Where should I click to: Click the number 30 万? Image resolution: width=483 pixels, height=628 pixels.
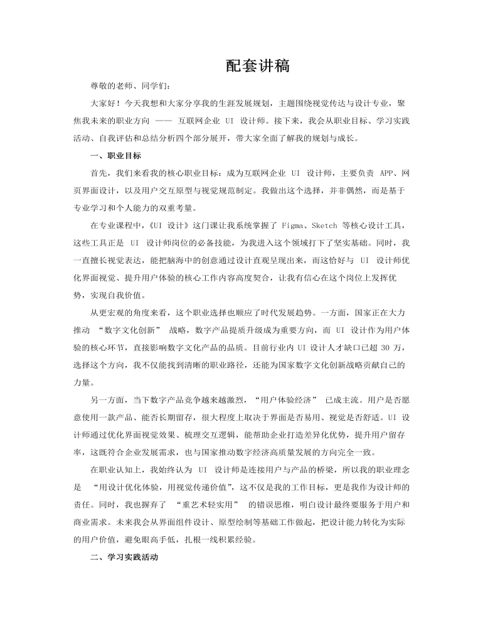(x=390, y=347)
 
